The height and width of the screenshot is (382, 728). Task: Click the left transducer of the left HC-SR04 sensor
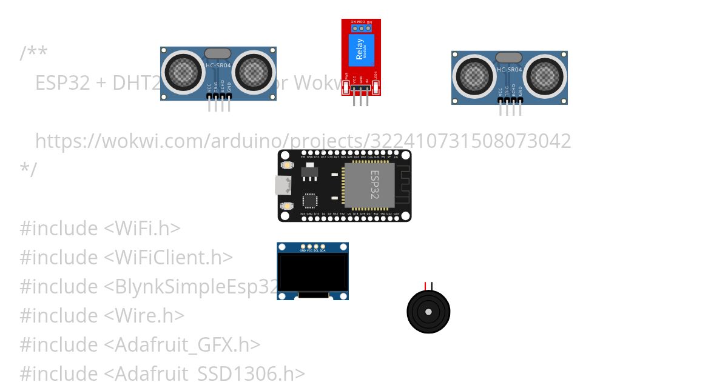183,72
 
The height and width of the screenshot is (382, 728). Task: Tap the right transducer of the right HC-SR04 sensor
546,76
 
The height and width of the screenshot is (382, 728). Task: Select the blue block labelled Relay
361,50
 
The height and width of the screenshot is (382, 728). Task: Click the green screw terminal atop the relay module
361,27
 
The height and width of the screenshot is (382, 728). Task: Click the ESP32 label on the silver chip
374,184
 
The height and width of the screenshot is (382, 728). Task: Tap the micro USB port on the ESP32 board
283,185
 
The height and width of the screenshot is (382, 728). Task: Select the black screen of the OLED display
312,272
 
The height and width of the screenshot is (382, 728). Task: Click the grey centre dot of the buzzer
428,312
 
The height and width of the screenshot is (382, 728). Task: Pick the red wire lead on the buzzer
425,286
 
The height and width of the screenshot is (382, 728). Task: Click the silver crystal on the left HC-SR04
218,53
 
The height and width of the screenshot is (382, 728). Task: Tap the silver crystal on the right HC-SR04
509,58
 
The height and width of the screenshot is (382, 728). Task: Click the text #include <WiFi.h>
100,229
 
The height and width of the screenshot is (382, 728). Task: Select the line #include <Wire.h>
102,316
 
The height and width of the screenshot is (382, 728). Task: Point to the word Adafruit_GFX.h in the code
181,345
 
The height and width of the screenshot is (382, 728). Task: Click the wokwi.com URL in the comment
303,141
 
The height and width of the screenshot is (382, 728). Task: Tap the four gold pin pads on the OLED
312,247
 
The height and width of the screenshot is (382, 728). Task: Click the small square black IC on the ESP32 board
309,200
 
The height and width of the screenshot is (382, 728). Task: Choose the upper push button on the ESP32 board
288,165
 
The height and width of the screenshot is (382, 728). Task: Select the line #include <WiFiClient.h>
126,258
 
